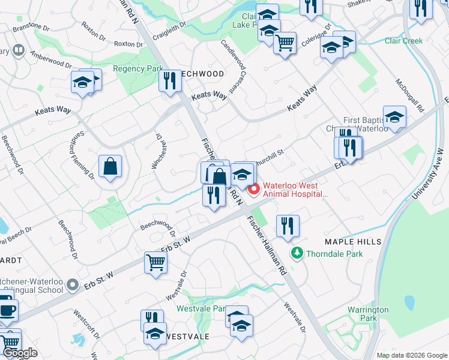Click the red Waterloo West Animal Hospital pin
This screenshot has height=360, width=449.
click(253, 190)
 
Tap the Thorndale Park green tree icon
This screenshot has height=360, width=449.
click(295, 254)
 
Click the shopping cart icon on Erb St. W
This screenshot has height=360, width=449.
click(155, 262)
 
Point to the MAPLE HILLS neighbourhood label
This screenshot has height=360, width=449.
click(353, 241)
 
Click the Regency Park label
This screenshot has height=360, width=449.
click(137, 69)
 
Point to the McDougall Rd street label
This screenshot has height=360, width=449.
click(410, 95)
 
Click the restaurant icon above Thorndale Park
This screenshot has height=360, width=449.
click(288, 226)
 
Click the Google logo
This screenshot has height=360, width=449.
click(19, 353)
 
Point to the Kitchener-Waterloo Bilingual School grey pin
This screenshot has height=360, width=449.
click(73, 284)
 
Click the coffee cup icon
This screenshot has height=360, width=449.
click(7, 310)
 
